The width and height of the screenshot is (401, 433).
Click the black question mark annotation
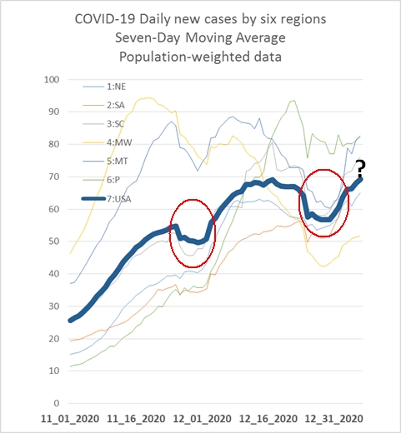(361, 168)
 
